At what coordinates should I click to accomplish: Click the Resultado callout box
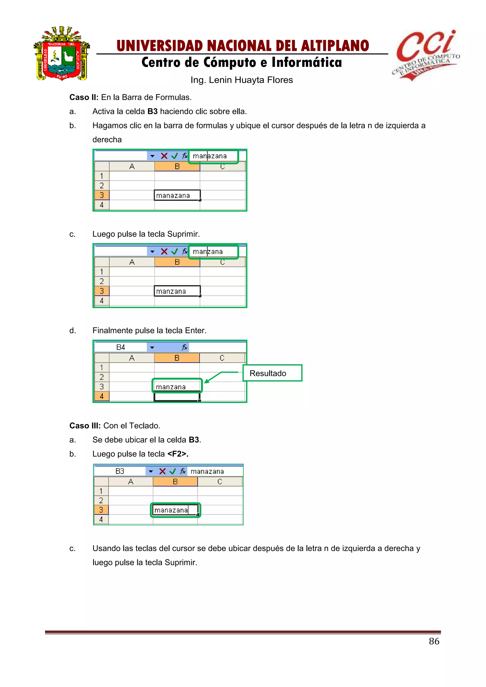coord(272,373)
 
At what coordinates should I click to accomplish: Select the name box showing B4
coord(121,347)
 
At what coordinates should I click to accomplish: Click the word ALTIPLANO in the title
coord(335,46)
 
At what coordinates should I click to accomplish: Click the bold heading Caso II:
coord(84,97)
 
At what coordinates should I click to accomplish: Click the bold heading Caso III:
coord(85,426)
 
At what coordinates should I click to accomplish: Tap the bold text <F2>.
coord(178,454)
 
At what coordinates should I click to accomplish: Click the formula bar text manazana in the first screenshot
coord(210,156)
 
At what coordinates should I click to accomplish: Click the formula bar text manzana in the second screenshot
coord(208,252)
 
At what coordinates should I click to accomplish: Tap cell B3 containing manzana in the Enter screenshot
coord(177,387)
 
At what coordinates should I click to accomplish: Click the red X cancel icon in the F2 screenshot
coord(163,471)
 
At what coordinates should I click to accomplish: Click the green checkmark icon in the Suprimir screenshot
coord(174,252)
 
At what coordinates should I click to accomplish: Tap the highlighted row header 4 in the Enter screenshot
coord(102,396)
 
